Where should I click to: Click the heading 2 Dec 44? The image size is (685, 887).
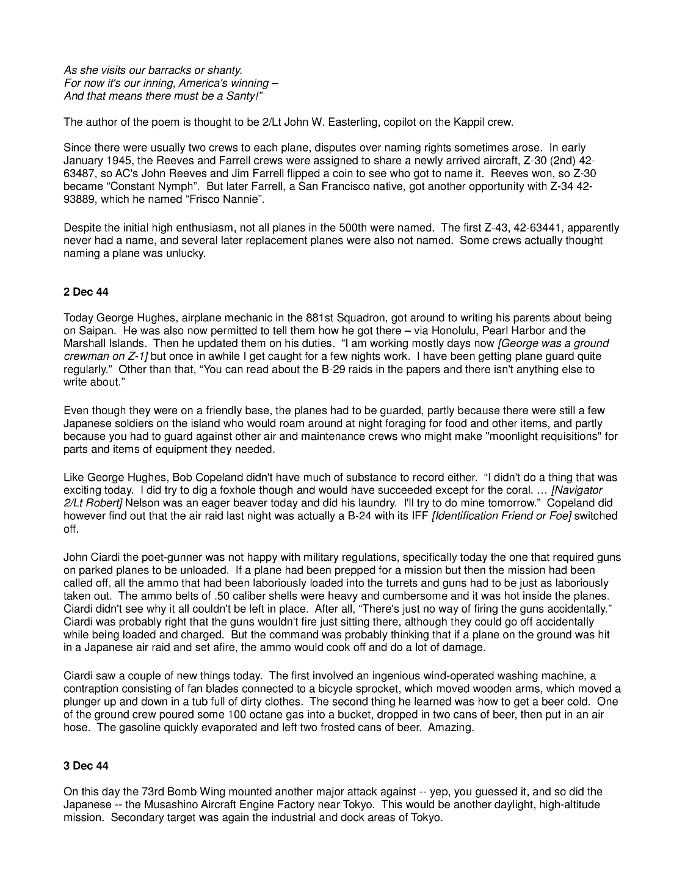86,292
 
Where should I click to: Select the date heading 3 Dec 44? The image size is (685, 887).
86,765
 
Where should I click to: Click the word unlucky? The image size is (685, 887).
181,254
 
